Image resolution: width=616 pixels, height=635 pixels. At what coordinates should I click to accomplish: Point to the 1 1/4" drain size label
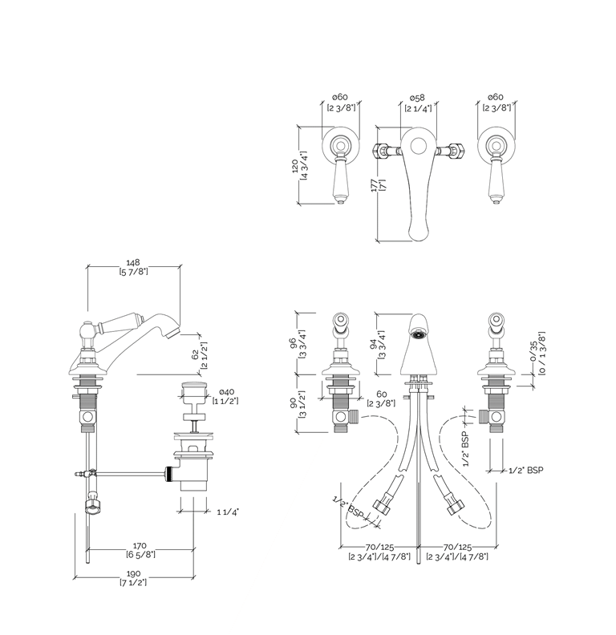tap(229, 511)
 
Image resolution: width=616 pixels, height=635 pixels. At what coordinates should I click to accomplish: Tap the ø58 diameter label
tap(417, 97)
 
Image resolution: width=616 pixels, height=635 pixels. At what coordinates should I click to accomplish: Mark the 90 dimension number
tap(294, 405)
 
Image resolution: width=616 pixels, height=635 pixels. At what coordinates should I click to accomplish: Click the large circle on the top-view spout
tap(417, 146)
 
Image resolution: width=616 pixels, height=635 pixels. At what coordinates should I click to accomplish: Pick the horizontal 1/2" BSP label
tap(526, 470)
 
